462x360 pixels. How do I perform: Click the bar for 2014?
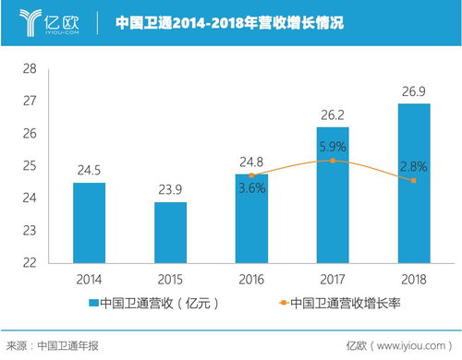[x=89, y=222]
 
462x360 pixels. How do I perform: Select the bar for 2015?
[x=170, y=232]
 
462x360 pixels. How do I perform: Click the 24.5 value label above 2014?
[x=89, y=170]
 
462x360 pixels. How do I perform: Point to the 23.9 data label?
[x=170, y=190]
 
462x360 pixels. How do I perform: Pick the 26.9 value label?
[x=414, y=92]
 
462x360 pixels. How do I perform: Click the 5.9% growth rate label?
[x=333, y=145]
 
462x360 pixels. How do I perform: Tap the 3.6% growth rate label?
[x=251, y=188]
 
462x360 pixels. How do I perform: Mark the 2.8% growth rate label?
[x=414, y=165]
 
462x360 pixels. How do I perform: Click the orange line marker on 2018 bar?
[x=414, y=180]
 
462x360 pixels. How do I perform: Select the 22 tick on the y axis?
[x=30, y=262]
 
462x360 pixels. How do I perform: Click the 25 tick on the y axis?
[x=30, y=166]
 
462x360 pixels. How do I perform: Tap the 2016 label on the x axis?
[x=251, y=277]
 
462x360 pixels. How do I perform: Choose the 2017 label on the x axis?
[x=333, y=277]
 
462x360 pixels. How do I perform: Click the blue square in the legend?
[x=92, y=302]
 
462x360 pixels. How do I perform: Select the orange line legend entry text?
[x=346, y=302]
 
